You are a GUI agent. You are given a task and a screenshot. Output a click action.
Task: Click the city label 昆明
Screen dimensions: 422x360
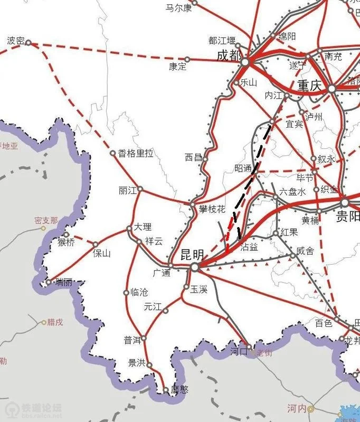pyautogui.click(x=192, y=254)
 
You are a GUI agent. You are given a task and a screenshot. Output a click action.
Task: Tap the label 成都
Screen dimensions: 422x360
pyautogui.click(x=229, y=55)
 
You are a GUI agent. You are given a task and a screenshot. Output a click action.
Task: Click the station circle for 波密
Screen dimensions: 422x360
pyautogui.click(x=29, y=43)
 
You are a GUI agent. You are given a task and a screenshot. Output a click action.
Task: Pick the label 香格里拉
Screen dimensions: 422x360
pyautogui.click(x=136, y=154)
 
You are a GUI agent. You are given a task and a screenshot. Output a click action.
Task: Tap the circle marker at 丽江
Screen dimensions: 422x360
pyautogui.click(x=140, y=189)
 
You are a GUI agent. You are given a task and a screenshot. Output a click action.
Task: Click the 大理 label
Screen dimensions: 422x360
pyautogui.click(x=143, y=227)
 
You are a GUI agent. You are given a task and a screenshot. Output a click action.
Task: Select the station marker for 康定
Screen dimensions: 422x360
pyautogui.click(x=187, y=59)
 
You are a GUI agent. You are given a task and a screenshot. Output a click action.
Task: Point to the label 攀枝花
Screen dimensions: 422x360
pyautogui.click(x=212, y=209)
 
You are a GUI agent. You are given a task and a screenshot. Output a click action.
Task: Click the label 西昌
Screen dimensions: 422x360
pyautogui.click(x=194, y=157)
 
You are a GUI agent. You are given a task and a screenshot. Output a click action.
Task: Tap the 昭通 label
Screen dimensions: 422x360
pyautogui.click(x=243, y=168)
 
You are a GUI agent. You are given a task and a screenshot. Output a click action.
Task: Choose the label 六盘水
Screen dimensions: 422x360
pyautogui.click(x=292, y=191)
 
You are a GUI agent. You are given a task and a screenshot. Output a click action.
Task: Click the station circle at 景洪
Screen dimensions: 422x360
pyautogui.click(x=149, y=364)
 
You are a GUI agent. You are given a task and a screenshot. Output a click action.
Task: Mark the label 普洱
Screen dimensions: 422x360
pyautogui.click(x=132, y=341)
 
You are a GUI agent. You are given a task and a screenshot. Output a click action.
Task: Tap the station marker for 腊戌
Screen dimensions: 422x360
pyautogui.click(x=44, y=322)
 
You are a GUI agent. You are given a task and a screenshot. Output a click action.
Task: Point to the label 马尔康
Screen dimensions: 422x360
pyautogui.click(x=178, y=7)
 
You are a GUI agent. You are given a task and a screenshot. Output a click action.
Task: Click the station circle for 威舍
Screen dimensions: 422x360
pyautogui.click(x=293, y=256)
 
